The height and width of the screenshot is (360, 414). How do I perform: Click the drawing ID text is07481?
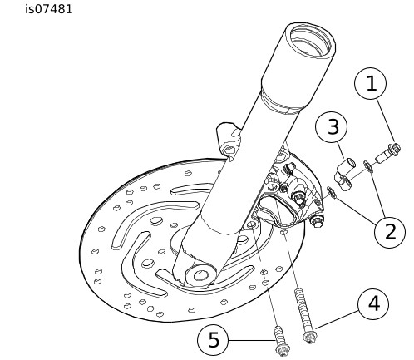[49, 9]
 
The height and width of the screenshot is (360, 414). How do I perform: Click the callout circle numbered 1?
[371, 83]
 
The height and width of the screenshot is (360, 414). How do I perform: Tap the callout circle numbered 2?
[390, 232]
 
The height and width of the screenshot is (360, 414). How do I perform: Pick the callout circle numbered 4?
[373, 303]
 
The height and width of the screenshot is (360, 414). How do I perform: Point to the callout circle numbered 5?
[213, 339]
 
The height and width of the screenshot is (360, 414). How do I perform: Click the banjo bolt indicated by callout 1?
[388, 153]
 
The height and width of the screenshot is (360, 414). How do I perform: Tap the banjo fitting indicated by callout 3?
[346, 174]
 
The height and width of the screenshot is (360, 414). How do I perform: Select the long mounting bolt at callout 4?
[304, 315]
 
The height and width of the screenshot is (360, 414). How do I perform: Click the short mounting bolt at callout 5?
[281, 341]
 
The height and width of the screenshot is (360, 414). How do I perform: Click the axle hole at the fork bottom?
[200, 276]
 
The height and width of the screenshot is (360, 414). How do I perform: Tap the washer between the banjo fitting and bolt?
[368, 166]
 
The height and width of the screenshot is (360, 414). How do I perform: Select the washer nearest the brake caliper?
[332, 192]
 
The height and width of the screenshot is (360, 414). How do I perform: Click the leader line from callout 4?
[337, 320]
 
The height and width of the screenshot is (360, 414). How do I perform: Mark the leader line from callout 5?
[251, 340]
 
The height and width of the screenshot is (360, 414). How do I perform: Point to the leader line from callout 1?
[386, 121]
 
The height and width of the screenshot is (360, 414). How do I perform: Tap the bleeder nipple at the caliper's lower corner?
[317, 222]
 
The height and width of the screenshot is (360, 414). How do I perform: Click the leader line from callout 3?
[341, 150]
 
